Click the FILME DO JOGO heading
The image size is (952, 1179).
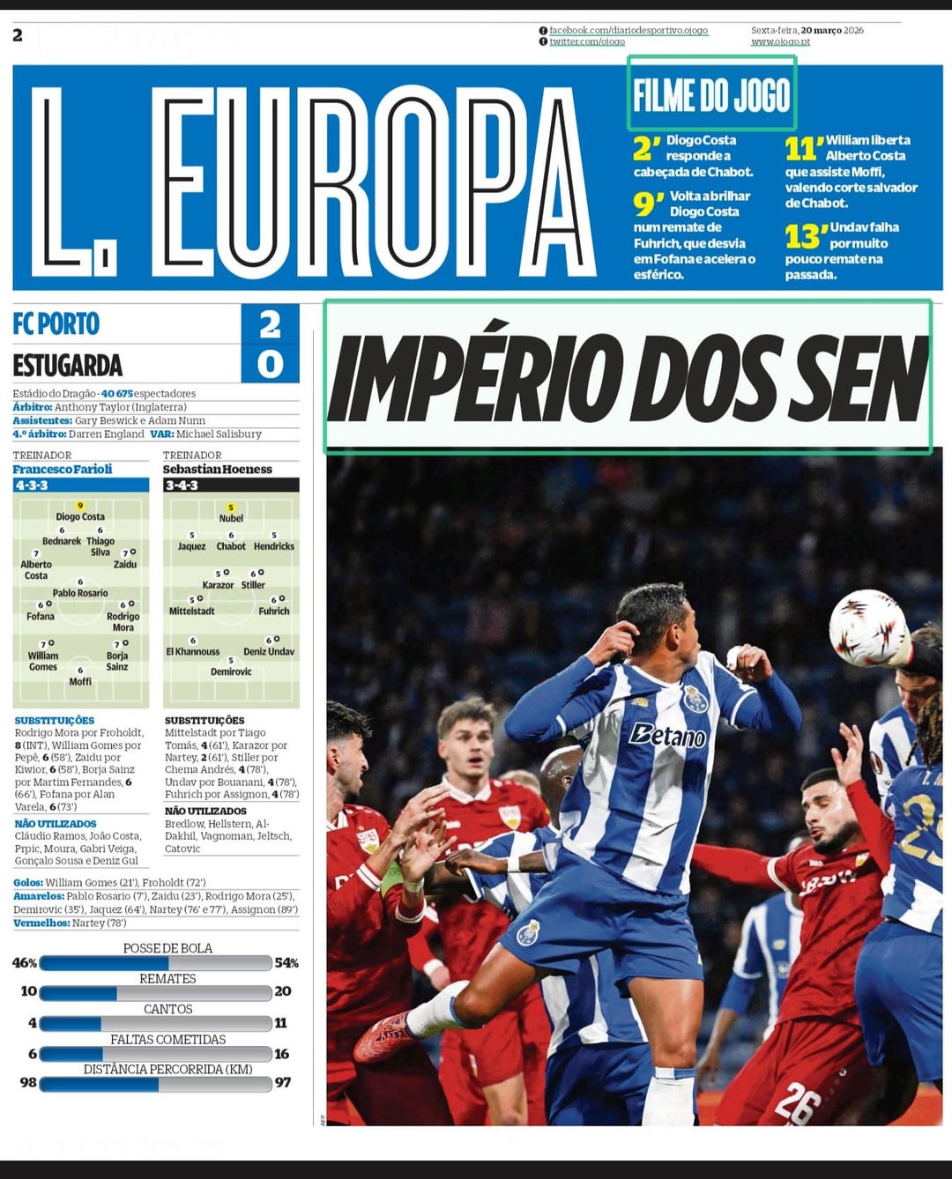pyautogui.click(x=711, y=94)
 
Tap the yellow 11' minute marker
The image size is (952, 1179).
pyautogui.click(x=802, y=148)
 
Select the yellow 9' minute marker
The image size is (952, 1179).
pyautogui.click(x=648, y=204)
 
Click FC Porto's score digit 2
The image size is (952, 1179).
pyautogui.click(x=270, y=324)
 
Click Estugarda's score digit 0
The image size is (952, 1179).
pyautogui.click(x=270, y=363)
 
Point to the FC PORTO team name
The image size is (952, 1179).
pyautogui.click(x=56, y=323)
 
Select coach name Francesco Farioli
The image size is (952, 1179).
pyautogui.click(x=63, y=469)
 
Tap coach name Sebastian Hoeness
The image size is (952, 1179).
pyautogui.click(x=217, y=469)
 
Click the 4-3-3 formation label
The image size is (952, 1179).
pyautogui.click(x=32, y=486)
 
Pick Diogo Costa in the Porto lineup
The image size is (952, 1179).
pyautogui.click(x=80, y=516)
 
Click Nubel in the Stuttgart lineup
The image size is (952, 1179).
pyautogui.click(x=231, y=518)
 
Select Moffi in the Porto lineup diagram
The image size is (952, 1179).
pyautogui.click(x=80, y=681)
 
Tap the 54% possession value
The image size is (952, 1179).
pyautogui.click(x=286, y=963)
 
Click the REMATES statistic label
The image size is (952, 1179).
pyautogui.click(x=167, y=979)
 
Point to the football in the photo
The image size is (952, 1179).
pyautogui.click(x=867, y=627)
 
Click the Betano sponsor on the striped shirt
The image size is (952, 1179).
pyautogui.click(x=667, y=734)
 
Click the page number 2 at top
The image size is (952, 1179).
pyautogui.click(x=18, y=35)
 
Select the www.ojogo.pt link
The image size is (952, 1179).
pyautogui.click(x=780, y=41)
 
